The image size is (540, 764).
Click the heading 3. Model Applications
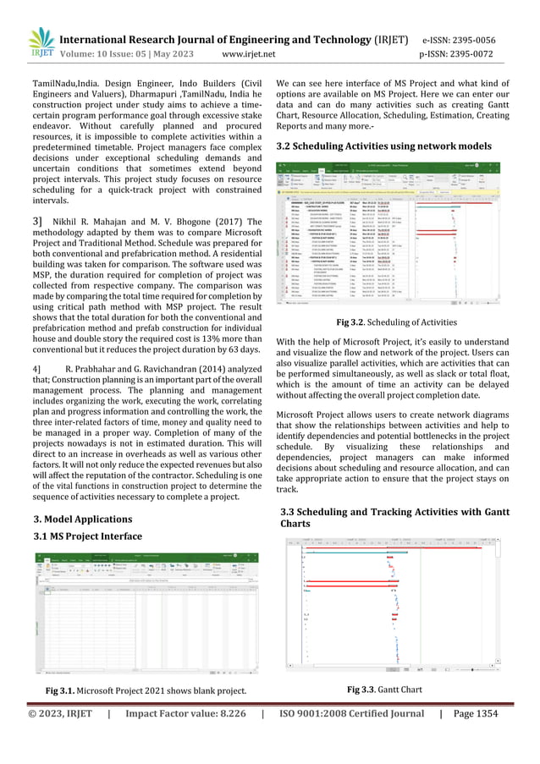(82, 518)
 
